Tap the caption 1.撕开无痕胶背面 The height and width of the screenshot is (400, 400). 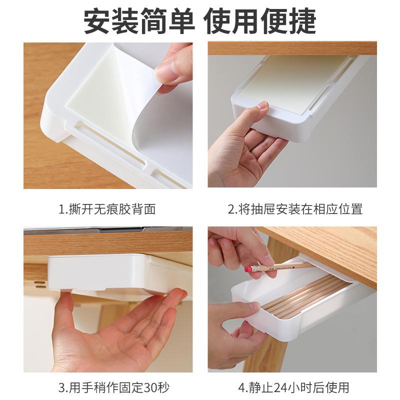(x=107, y=209)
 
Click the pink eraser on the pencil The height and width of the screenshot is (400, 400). (x=248, y=268)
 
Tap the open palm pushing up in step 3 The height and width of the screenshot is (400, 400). (x=115, y=335)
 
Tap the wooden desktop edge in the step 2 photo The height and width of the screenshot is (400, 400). (x=292, y=48)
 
